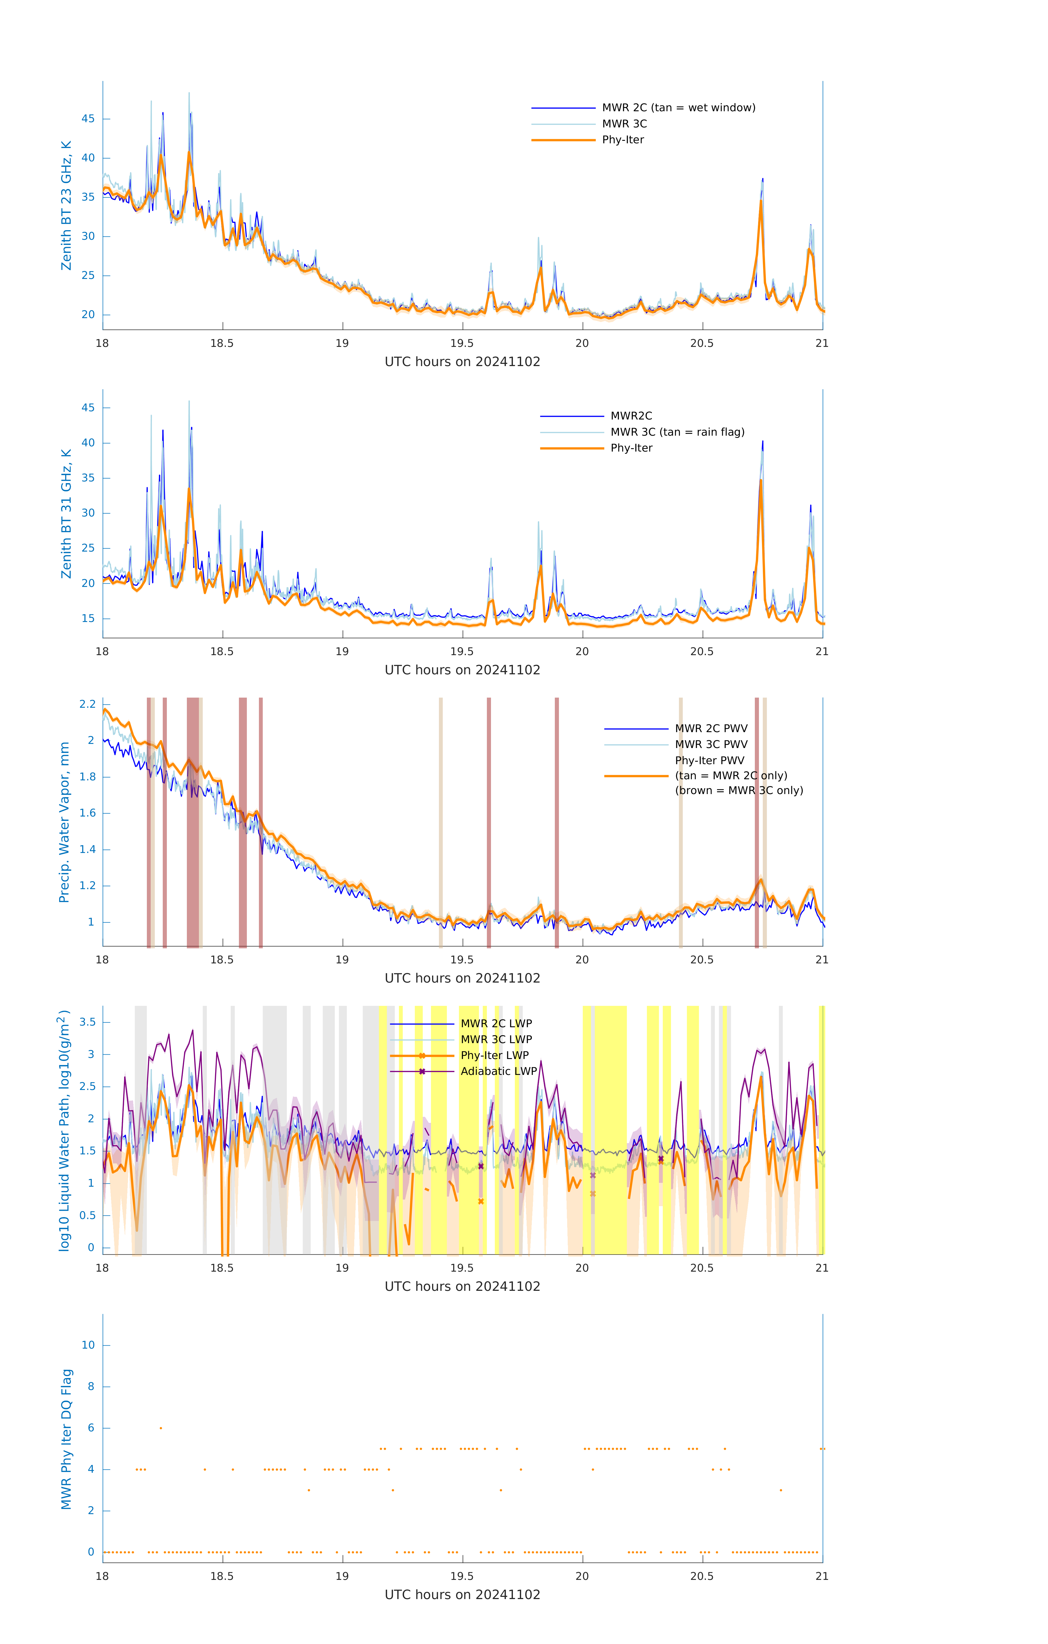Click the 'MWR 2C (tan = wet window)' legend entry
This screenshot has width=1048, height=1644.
(678, 108)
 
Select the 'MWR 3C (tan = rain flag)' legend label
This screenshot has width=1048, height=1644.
(676, 432)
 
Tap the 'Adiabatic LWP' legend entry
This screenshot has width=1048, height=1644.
(498, 1071)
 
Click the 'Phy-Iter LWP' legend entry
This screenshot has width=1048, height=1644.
(494, 1055)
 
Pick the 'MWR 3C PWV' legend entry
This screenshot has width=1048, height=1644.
(711, 744)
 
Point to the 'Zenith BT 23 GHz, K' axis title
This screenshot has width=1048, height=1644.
(66, 206)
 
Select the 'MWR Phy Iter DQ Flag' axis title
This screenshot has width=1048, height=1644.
(66, 1439)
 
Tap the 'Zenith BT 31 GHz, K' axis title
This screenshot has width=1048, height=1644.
(66, 513)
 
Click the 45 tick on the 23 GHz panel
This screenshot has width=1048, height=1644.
(88, 119)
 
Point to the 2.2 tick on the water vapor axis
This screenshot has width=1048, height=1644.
(87, 704)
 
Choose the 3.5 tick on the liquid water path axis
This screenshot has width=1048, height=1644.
(87, 1022)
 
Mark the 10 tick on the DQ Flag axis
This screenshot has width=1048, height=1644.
(88, 1345)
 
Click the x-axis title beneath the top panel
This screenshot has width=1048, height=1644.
(462, 362)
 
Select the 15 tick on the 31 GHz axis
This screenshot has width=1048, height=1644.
(88, 618)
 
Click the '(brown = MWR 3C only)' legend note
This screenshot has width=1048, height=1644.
(739, 790)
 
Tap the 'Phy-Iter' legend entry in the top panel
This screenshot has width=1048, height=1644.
(623, 140)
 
